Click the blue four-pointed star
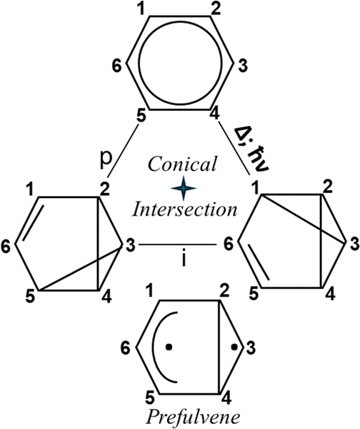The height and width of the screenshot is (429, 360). tap(183, 188)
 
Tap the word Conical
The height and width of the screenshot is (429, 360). tap(182, 164)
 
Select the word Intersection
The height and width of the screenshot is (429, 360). tap(184, 209)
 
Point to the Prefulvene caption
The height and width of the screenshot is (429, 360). tap(194, 418)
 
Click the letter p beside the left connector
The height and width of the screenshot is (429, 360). tap(106, 160)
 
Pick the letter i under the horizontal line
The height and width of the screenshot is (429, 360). tap(184, 260)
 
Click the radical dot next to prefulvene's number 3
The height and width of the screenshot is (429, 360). tap(234, 347)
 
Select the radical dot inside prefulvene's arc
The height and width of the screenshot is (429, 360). tap(169, 347)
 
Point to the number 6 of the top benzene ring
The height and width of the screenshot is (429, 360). tap(117, 66)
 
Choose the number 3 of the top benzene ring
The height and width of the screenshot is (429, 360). tap(242, 66)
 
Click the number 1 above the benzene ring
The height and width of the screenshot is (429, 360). tap(141, 9)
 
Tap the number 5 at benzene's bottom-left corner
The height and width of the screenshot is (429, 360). tap(141, 117)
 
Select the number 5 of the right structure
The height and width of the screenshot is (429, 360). tap(254, 295)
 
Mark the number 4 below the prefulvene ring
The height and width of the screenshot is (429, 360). tap(226, 399)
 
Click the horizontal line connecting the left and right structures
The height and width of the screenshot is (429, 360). tap(177, 244)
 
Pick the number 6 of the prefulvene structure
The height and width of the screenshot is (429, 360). tap(126, 348)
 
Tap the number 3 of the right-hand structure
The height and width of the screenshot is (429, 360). tap(354, 244)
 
